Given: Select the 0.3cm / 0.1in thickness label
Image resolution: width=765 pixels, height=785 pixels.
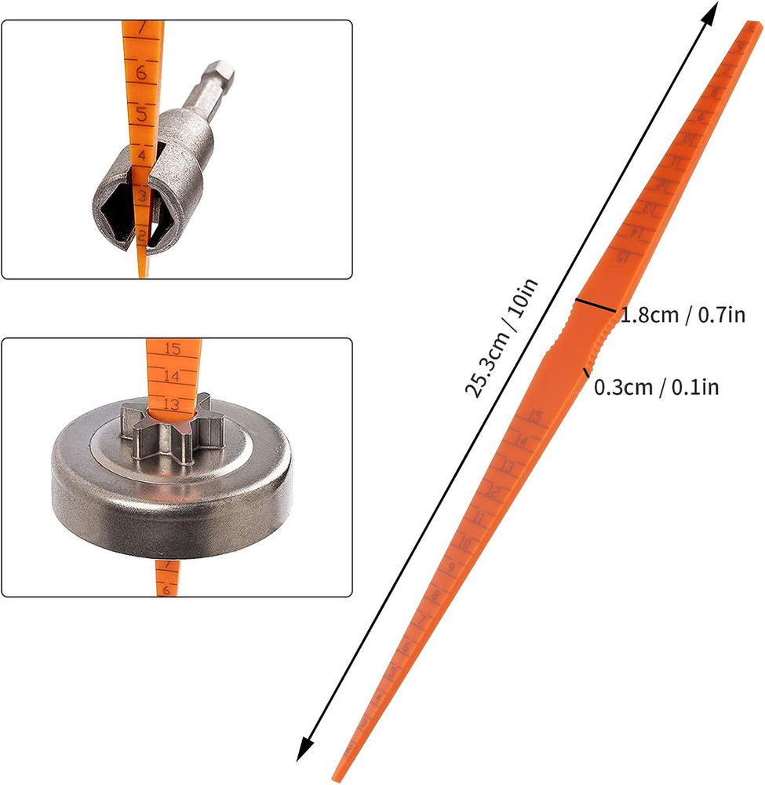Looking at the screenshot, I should pos(656,386).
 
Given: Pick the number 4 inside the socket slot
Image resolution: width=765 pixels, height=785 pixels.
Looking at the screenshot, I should pos(142,157).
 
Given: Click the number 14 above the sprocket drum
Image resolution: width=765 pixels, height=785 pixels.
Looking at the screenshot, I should pos(172,376).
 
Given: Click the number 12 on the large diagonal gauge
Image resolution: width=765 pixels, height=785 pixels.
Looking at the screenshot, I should pos(494,494).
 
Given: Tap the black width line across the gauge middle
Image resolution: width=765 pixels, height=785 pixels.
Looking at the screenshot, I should pos(594,307).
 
